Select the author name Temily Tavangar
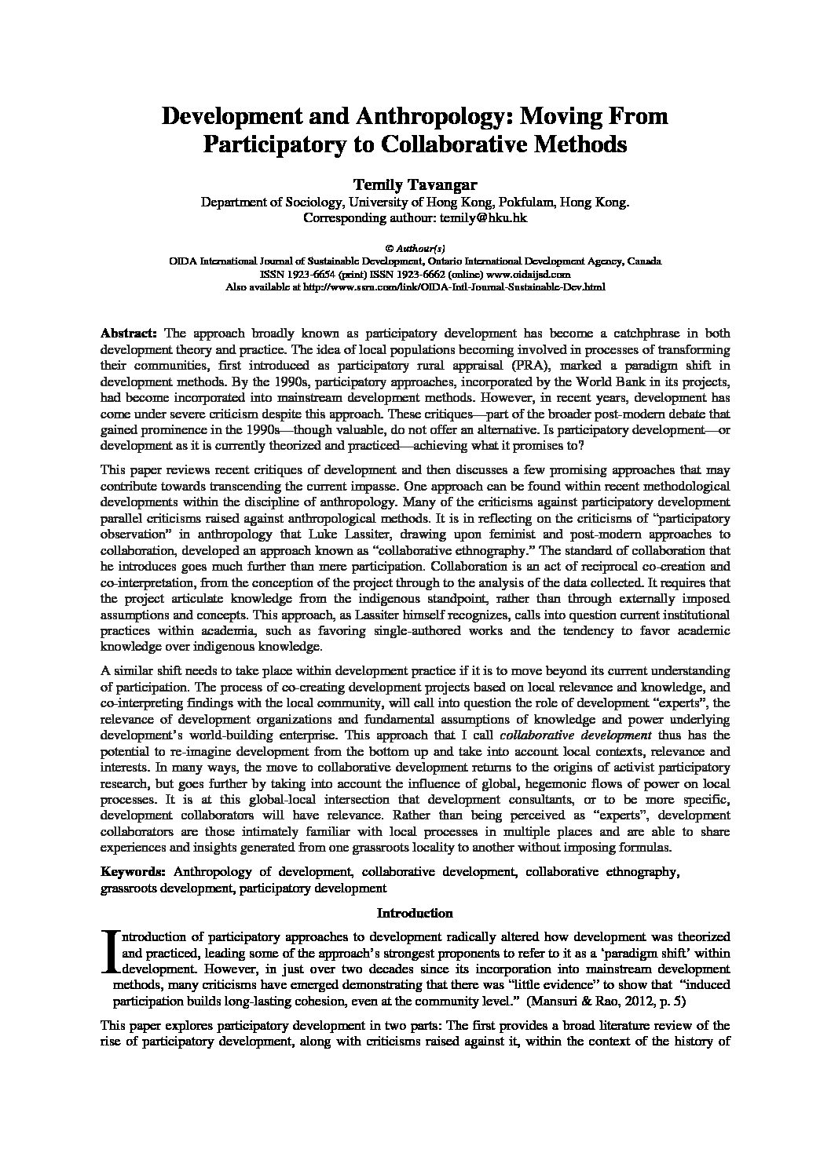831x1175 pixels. point(415,184)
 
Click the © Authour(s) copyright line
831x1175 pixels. point(415,248)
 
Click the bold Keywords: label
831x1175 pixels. point(133,871)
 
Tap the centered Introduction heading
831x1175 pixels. point(415,913)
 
